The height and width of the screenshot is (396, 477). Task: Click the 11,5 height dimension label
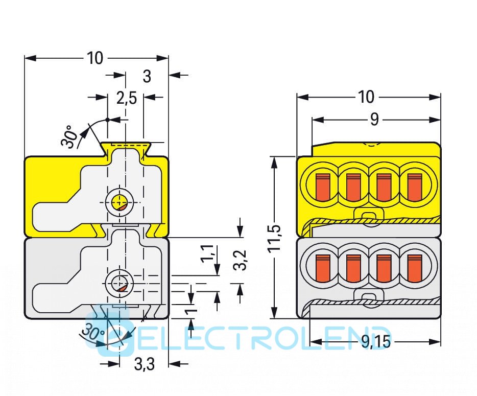pyautogui.click(x=275, y=238)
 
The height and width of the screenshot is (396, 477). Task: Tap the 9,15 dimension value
pyautogui.click(x=375, y=342)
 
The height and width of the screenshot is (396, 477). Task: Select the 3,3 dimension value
pyautogui.click(x=145, y=364)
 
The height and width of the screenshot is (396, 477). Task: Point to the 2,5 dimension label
pyautogui.click(x=126, y=97)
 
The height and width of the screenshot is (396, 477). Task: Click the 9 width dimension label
pyautogui.click(x=374, y=120)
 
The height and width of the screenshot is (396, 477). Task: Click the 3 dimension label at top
pyautogui.click(x=147, y=76)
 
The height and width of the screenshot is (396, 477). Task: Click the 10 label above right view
pyautogui.click(x=366, y=97)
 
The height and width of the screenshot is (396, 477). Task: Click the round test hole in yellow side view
pyautogui.click(x=121, y=202)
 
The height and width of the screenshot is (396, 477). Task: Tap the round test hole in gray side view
pyautogui.click(x=121, y=283)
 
